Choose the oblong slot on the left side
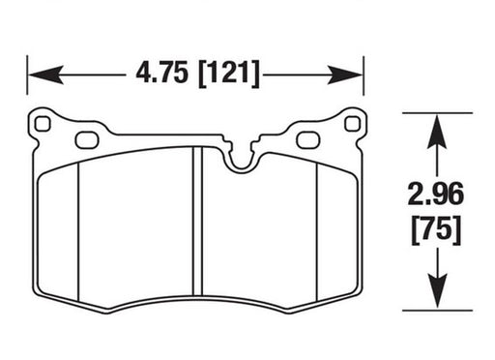click(x=87, y=139)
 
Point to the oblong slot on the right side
click(x=308, y=139)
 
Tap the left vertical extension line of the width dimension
click(x=27, y=82)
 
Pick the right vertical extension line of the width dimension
click(x=364, y=82)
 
